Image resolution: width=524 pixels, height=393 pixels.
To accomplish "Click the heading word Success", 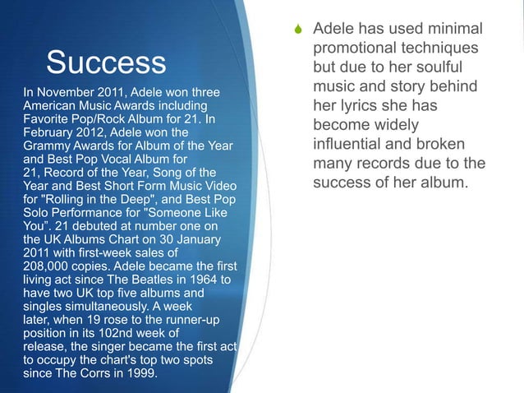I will pyautogui.click(x=106, y=62).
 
